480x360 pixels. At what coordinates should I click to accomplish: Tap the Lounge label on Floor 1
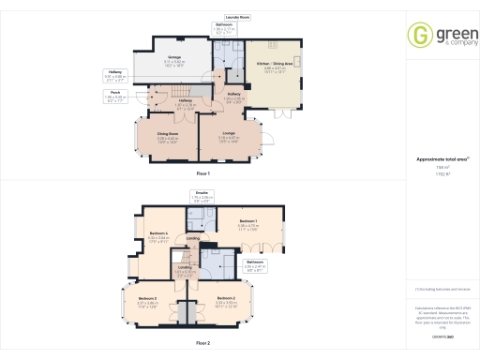tap(229, 138)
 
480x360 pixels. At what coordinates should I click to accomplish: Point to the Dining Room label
tap(170, 138)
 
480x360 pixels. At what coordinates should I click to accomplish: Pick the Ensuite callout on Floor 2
tap(202, 198)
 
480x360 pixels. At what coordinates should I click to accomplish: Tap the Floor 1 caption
tap(203, 174)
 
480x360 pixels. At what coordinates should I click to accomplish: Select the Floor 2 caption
tap(203, 344)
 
